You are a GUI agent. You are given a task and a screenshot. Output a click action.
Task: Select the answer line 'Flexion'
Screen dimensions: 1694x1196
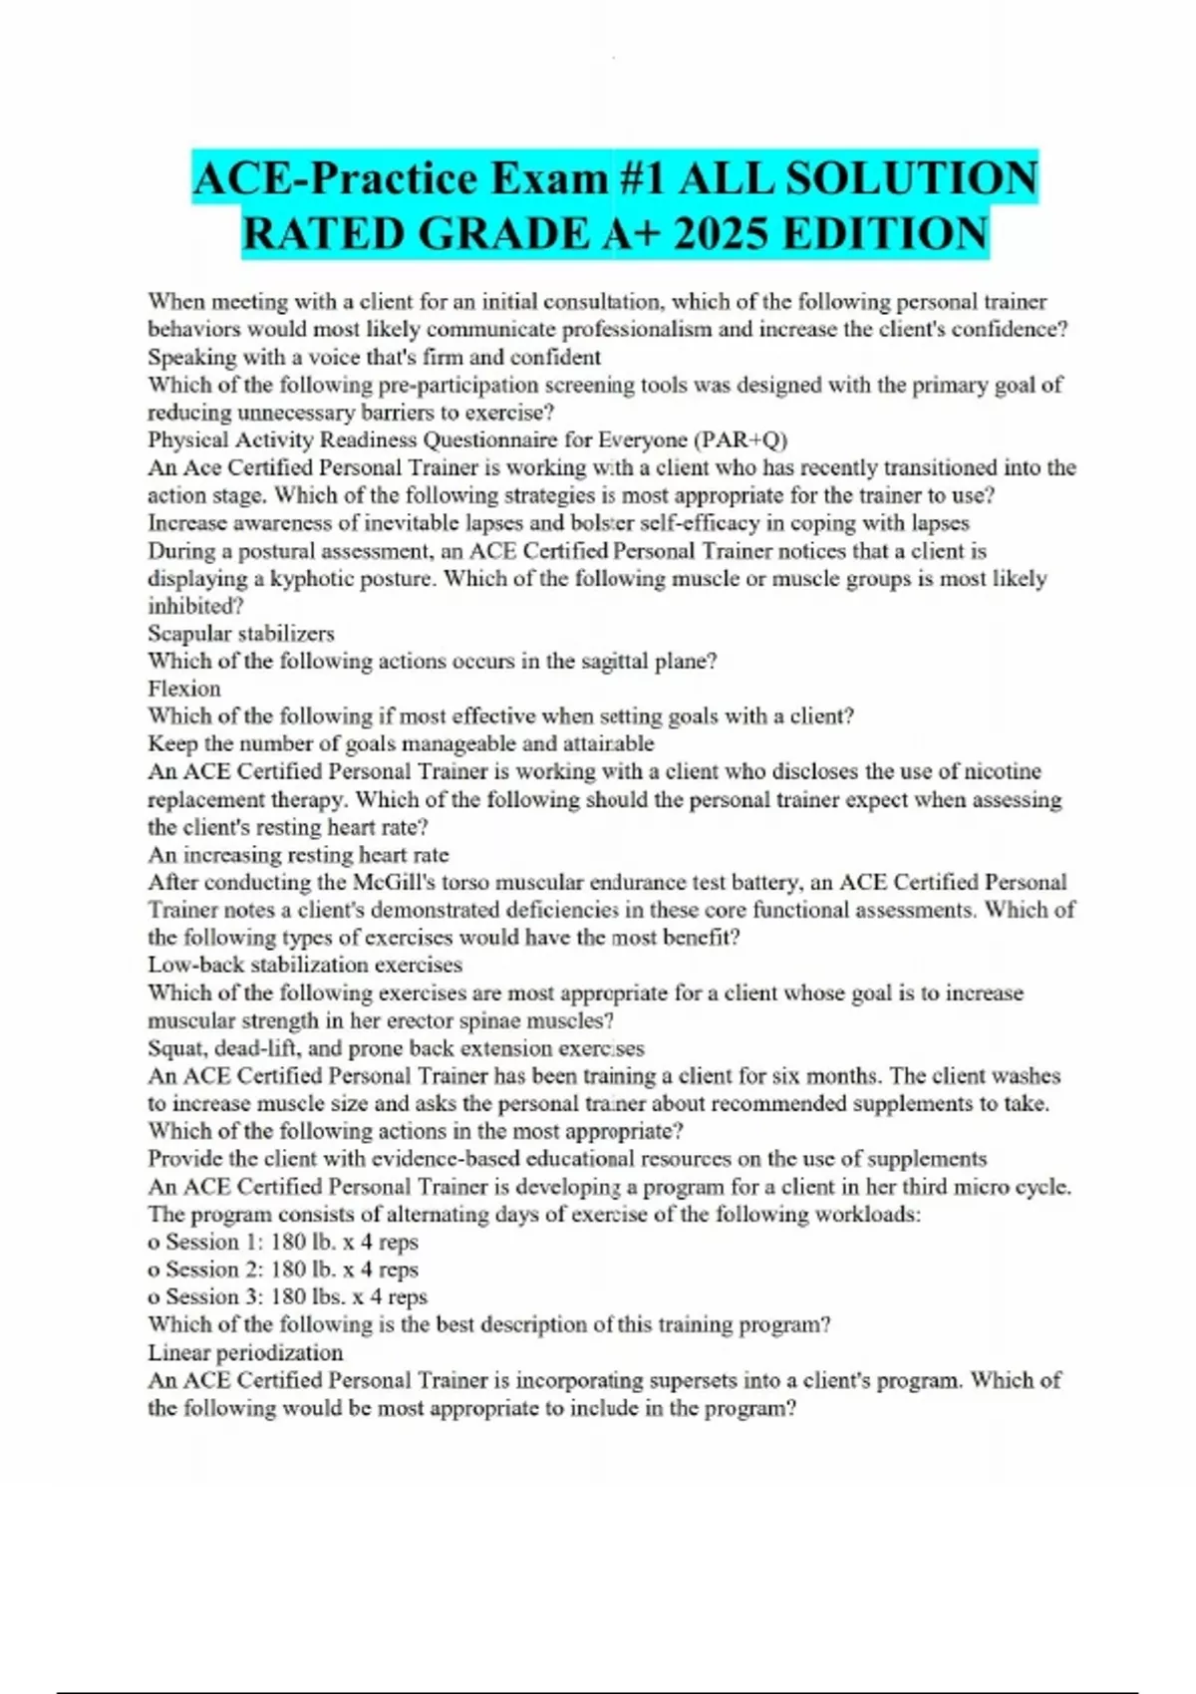click(x=184, y=689)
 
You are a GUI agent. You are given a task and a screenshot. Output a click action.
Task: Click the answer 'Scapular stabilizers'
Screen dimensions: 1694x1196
click(x=241, y=634)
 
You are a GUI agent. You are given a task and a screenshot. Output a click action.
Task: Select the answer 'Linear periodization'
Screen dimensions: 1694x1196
click(x=245, y=1353)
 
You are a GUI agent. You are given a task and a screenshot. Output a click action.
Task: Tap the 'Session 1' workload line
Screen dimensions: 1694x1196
click(x=283, y=1243)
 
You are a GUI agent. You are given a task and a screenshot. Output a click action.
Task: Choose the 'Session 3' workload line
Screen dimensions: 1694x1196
click(x=287, y=1297)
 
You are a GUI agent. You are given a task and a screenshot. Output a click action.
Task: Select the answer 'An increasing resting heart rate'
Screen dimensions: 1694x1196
click(x=298, y=855)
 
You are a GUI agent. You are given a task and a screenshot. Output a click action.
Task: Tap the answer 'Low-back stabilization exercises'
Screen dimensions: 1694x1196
click(x=305, y=965)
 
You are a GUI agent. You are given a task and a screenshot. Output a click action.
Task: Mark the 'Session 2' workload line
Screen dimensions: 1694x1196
click(x=283, y=1270)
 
